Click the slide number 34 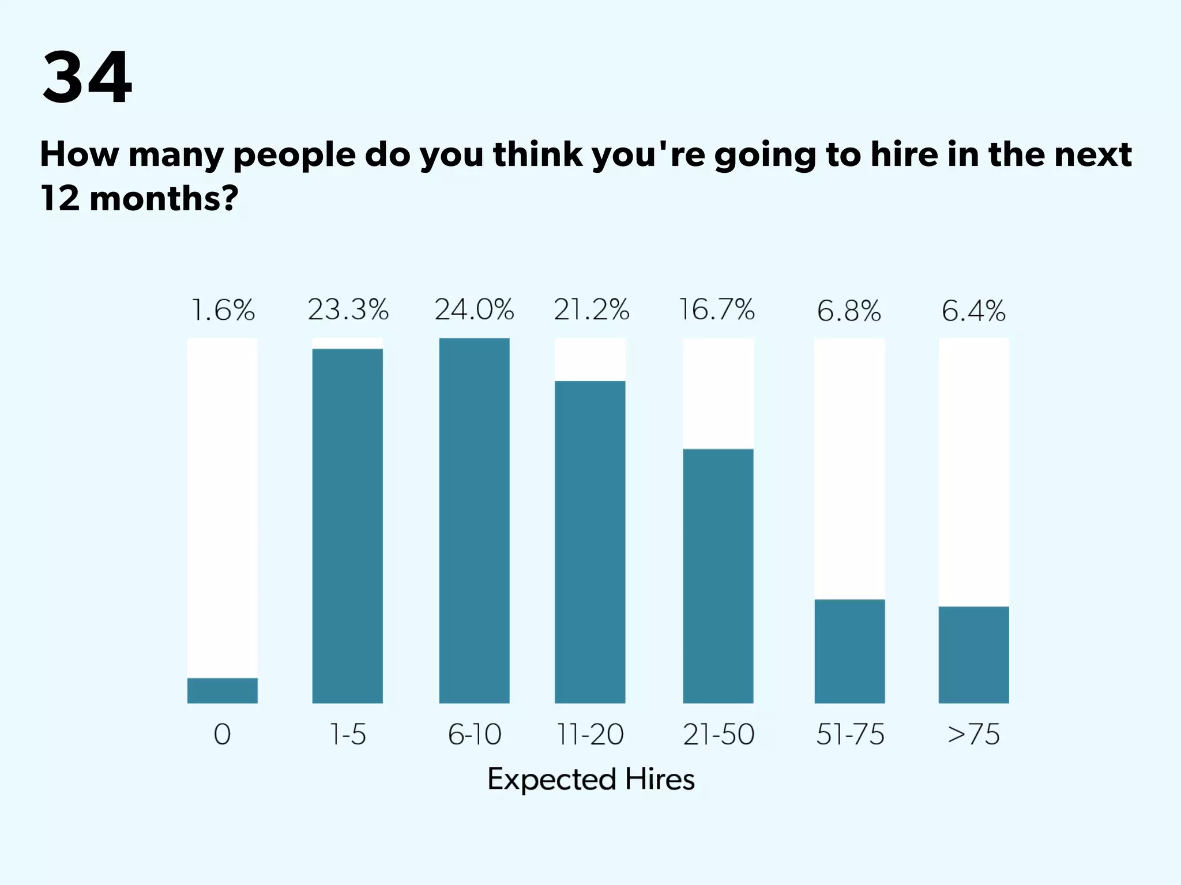(86, 78)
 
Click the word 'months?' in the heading (164, 199)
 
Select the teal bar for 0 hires (222, 690)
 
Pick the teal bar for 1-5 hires (347, 525)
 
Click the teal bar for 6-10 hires (474, 520)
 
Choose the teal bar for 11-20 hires (589, 542)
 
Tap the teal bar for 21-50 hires (718, 576)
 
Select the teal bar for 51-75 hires (849, 651)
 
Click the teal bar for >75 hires (973, 655)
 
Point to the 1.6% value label (223, 311)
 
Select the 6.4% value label (973, 311)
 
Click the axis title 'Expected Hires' (590, 780)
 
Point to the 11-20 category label (590, 735)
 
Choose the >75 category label (973, 735)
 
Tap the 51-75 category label (850, 735)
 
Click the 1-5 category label (347, 735)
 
